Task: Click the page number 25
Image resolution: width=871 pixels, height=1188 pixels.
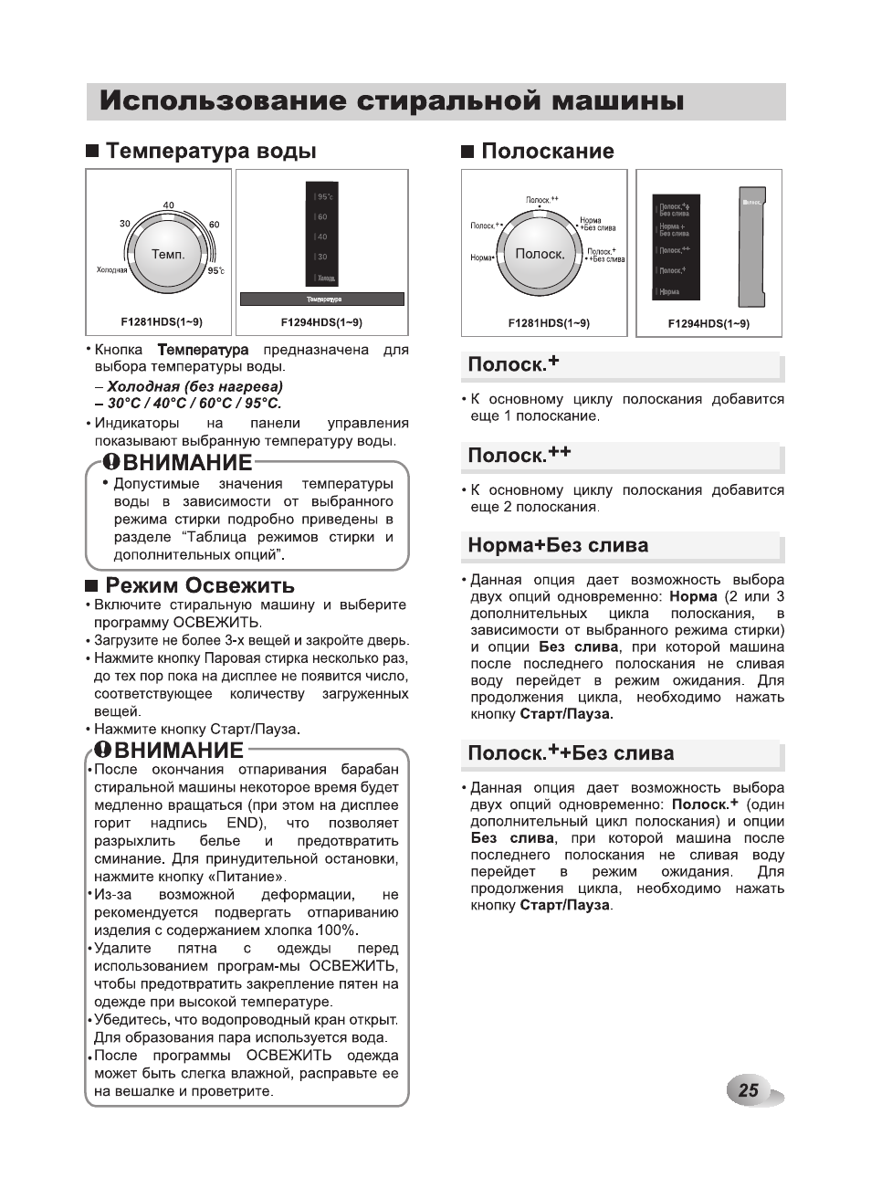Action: [749, 1089]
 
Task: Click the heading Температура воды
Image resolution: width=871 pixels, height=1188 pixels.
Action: [211, 152]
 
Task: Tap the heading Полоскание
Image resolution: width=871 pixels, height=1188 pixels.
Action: [547, 152]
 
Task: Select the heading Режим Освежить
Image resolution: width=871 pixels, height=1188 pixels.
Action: [200, 585]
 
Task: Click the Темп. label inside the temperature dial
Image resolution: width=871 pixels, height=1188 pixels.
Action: [168, 255]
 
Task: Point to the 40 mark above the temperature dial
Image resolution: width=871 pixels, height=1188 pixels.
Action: [169, 205]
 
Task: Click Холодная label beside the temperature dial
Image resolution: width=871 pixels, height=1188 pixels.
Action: [112, 270]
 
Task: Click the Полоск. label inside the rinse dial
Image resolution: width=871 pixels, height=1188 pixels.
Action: [540, 254]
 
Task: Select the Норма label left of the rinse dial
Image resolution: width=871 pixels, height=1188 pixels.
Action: [481, 258]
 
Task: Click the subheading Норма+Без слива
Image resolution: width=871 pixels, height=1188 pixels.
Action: [558, 546]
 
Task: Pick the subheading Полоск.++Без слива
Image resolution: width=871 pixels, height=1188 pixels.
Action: [571, 753]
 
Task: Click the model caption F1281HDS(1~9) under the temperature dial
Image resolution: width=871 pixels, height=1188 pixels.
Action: [162, 322]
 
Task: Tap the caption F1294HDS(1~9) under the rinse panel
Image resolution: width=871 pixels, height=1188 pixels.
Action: [708, 323]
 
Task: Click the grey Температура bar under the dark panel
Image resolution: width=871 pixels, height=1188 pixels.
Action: [322, 300]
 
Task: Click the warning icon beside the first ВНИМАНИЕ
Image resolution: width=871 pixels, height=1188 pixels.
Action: [110, 462]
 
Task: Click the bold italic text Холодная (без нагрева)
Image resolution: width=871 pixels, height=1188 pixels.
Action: [194, 386]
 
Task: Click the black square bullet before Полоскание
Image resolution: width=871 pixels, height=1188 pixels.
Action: [467, 152]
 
